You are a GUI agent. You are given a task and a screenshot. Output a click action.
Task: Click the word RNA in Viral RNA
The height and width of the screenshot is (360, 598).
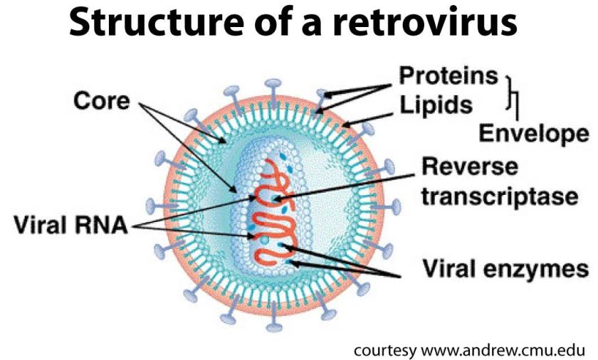coord(103,227)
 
